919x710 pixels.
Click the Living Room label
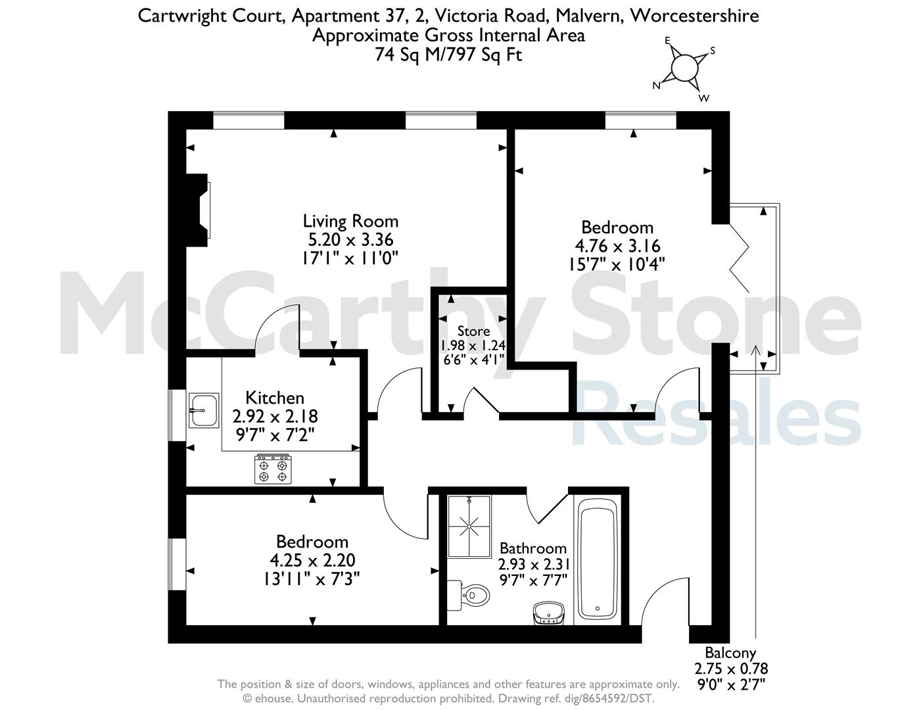click(x=350, y=221)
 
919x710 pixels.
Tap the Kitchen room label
click(x=275, y=398)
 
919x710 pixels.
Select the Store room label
click(x=474, y=331)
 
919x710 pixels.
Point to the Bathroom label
click(x=533, y=548)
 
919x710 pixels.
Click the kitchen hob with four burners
click(x=273, y=469)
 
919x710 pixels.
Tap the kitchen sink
click(x=204, y=410)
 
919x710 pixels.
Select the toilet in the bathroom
click(x=468, y=595)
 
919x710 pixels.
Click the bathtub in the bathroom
click(x=598, y=560)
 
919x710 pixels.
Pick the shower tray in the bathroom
click(x=469, y=527)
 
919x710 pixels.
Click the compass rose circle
click(x=684, y=68)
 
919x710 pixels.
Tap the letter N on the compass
click(x=656, y=86)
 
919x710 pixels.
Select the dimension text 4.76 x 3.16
click(x=617, y=246)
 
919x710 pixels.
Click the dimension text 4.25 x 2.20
click(x=312, y=560)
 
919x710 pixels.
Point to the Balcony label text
click(x=730, y=653)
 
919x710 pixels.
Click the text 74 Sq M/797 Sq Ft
click(x=448, y=55)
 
